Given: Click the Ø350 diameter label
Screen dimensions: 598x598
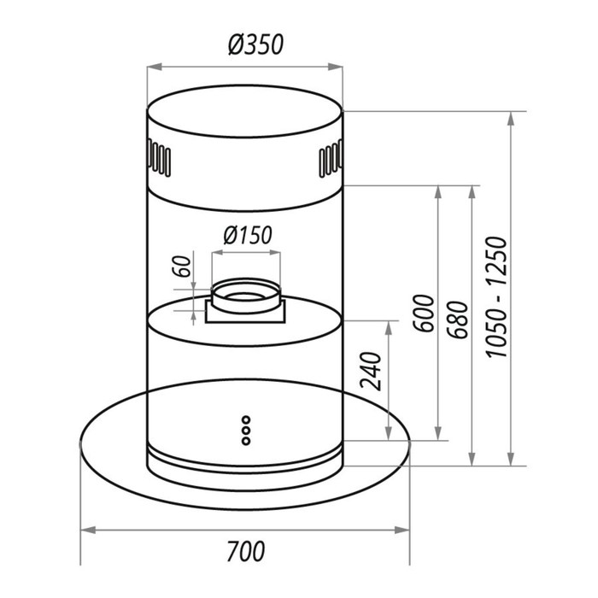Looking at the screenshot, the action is point(256,44).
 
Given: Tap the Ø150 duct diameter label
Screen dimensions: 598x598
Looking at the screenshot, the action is point(248,235).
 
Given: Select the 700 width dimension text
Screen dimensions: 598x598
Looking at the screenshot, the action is point(246,551).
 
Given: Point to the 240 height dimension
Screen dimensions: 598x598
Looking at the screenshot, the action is point(371,372).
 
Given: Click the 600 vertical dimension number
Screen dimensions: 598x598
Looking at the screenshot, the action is point(424,314).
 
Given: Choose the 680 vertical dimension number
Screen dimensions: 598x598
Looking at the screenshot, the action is point(457,320).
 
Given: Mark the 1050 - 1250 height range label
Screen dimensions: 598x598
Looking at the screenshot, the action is point(497,297).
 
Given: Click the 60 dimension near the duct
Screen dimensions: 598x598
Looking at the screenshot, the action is point(181,267).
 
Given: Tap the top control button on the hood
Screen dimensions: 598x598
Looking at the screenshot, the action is point(246,420).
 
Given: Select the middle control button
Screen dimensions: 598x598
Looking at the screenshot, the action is point(246,431).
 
